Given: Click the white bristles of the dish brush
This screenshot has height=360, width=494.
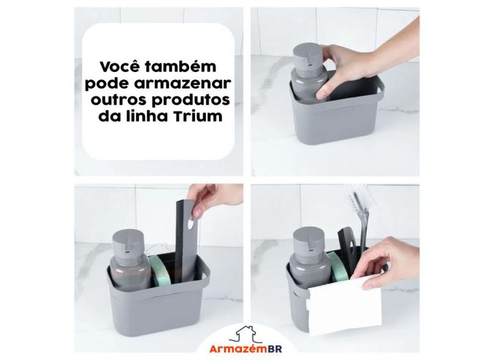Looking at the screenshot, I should pos(357,201).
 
